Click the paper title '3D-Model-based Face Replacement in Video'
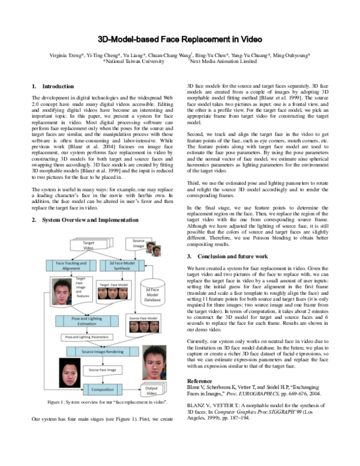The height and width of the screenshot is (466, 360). coord(180,38)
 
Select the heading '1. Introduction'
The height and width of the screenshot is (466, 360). coord(54,86)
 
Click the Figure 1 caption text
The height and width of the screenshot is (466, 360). coord(103,417)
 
